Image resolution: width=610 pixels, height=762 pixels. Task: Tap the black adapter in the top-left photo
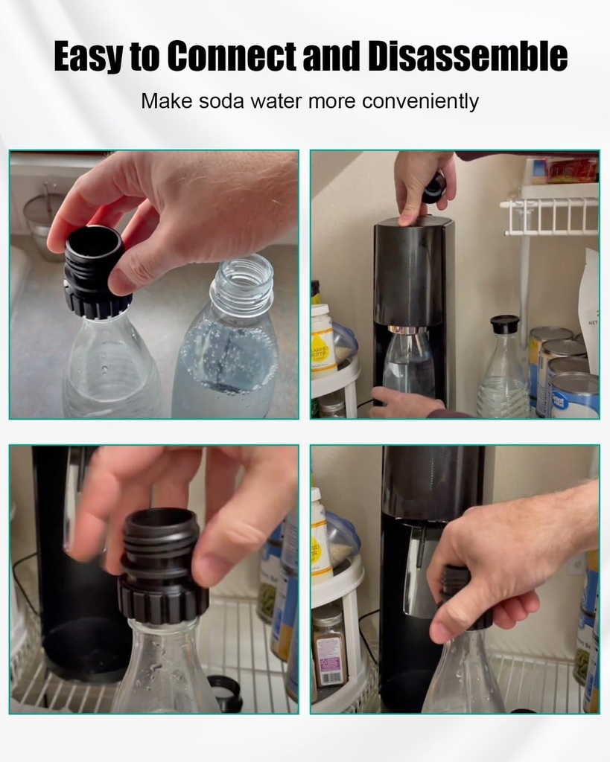tap(95, 272)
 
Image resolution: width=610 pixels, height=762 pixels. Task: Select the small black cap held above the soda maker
tap(434, 188)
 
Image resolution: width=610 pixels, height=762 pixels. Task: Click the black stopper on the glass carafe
tap(504, 324)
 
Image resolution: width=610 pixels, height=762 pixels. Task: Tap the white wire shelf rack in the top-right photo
tap(551, 215)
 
